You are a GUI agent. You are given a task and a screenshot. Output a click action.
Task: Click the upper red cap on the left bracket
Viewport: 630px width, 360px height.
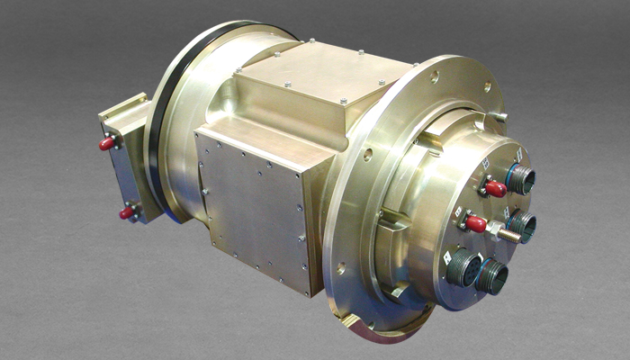pyautogui.click(x=107, y=143)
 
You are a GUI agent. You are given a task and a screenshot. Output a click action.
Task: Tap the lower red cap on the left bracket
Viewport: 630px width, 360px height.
pyautogui.click(x=127, y=213)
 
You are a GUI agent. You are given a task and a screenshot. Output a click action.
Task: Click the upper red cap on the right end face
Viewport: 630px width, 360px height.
pyautogui.click(x=494, y=188)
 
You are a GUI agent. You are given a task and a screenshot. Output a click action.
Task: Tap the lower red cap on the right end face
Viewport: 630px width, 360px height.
pyautogui.click(x=475, y=223)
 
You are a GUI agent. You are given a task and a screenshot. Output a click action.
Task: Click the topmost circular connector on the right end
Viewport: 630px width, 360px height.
pyautogui.click(x=520, y=178)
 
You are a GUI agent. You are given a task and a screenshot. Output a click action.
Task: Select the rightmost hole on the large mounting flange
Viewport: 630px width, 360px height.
pyautogui.click(x=488, y=86)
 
